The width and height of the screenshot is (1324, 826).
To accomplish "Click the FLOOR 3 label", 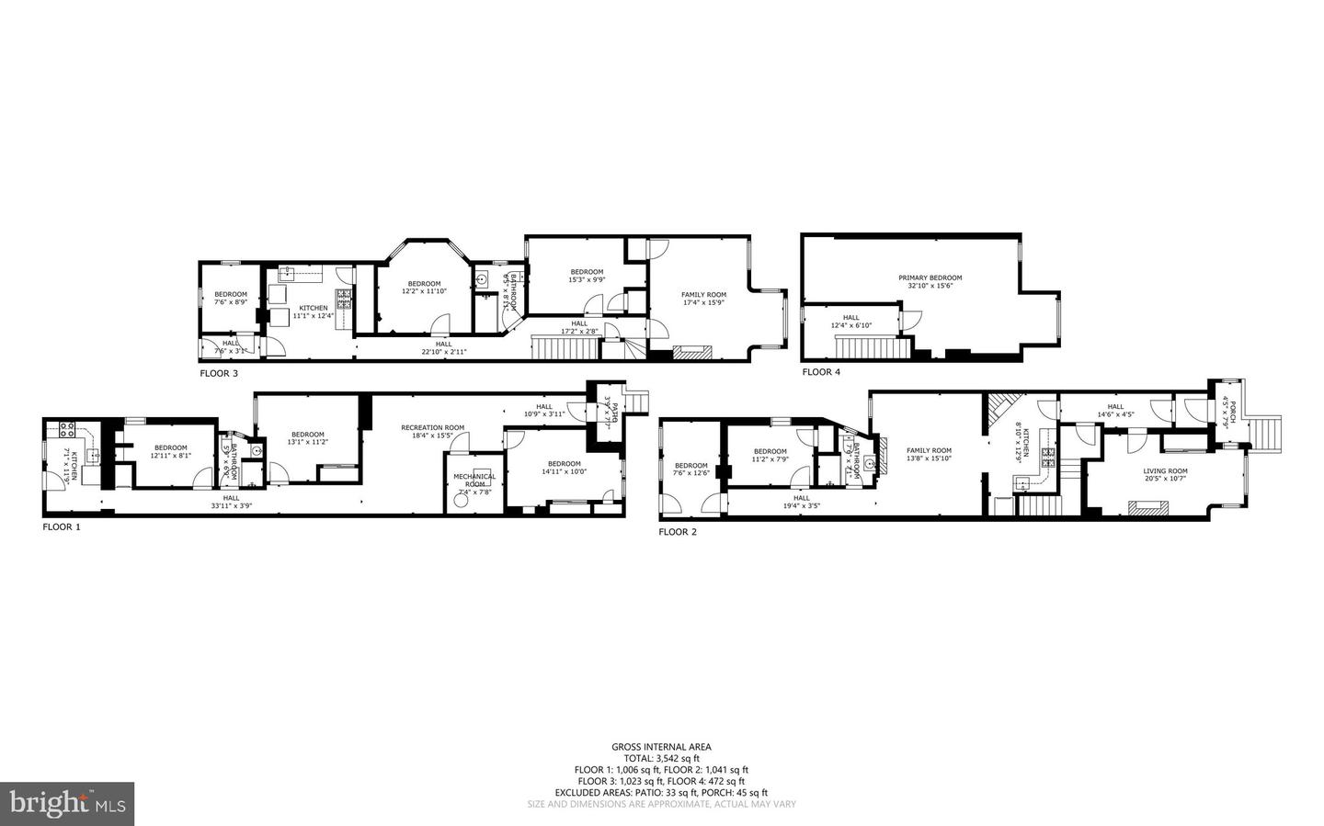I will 219,374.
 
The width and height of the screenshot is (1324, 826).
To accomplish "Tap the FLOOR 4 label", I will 821,372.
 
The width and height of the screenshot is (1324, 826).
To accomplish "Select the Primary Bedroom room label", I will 930,281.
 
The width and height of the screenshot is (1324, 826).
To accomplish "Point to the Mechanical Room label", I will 474,480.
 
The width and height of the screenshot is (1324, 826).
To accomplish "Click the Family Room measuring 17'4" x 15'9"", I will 703,299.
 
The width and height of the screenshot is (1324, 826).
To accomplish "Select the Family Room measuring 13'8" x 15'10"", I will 929,454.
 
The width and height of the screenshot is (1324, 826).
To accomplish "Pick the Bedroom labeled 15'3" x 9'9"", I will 587,276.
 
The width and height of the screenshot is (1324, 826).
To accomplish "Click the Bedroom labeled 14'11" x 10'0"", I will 564,468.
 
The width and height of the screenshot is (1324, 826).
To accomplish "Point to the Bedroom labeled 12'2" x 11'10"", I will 424,287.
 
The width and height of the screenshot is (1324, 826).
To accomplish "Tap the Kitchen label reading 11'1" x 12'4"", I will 313,311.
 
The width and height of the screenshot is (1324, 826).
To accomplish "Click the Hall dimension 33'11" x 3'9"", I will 230,505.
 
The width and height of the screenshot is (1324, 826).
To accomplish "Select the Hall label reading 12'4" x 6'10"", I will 851,321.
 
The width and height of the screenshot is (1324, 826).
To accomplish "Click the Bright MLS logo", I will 67,804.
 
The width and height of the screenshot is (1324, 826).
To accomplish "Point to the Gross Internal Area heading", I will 661,747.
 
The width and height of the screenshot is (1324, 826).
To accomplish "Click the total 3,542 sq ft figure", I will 661,758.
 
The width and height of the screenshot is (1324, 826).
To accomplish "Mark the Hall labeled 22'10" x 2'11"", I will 444,347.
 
